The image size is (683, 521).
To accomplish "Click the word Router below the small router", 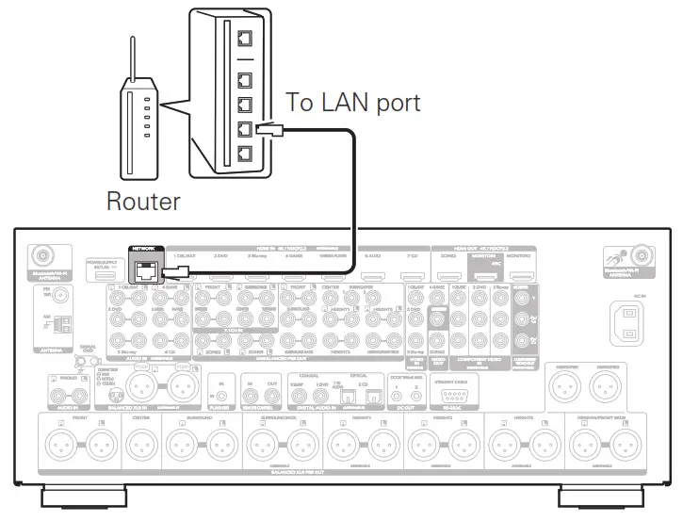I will (142, 201).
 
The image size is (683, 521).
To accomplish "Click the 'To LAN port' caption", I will (352, 103).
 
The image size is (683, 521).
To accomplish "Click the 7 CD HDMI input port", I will (411, 272).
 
